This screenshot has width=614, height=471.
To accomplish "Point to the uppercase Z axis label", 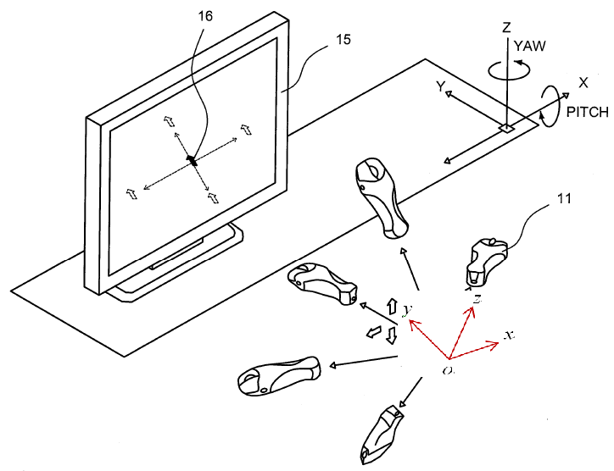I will pos(506,27).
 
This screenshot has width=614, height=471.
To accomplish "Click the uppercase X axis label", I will pos(583,83).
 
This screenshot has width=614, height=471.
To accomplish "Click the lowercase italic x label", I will pos(509,335).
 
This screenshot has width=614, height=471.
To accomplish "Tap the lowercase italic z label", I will pos(478,300).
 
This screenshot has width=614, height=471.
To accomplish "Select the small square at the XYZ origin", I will pos(505,129).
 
